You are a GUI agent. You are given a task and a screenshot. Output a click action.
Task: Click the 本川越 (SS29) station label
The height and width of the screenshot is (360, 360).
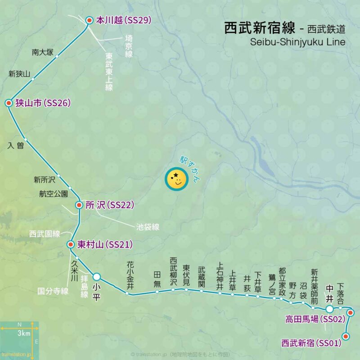tap(123, 20)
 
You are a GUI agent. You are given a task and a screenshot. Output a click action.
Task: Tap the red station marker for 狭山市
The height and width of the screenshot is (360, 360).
tap(8, 103)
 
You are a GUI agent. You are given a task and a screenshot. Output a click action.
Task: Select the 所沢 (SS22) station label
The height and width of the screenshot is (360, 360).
tap(110, 205)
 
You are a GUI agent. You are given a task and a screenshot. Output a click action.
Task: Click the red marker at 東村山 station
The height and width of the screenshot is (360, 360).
tap(70, 245)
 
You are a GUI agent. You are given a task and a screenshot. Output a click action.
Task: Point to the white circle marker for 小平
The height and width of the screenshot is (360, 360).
tap(97, 276)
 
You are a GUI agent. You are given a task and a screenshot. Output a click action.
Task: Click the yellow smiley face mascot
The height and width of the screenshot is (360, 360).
tap(176, 179)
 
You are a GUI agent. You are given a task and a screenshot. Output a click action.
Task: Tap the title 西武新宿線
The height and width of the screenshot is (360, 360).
tap(259, 29)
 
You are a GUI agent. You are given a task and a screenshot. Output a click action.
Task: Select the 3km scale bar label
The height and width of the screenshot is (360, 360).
tap(24, 333)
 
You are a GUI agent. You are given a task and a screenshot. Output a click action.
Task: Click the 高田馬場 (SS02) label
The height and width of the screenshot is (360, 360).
tap(315, 319)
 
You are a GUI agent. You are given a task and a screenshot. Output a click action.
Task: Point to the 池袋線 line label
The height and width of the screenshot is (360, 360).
tap(148, 227)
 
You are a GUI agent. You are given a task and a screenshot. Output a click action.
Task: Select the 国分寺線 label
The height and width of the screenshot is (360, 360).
tap(53, 291)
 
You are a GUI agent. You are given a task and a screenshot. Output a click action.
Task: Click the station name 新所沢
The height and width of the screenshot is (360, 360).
tap(44, 180)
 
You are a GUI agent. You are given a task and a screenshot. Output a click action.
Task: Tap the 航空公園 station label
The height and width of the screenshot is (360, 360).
tap(54, 194)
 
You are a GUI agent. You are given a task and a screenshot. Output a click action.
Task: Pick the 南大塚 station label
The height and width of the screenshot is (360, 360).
tap(42, 53)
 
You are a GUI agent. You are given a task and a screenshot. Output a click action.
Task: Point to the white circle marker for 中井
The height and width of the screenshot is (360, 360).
tap(329, 309)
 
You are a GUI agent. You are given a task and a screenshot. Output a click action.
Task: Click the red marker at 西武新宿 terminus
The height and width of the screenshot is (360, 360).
tap(346, 336)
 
